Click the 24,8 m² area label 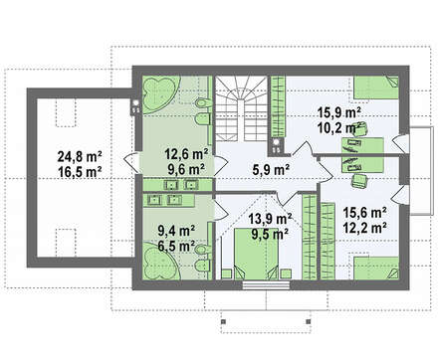[80, 156]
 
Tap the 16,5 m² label [80, 172]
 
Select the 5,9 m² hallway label [271, 170]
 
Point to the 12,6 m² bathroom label [186, 154]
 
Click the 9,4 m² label [176, 230]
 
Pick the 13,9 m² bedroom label [270, 219]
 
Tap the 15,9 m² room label [339, 112]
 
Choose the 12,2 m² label [364, 228]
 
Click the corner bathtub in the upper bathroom [160, 94]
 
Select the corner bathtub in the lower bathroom [160, 262]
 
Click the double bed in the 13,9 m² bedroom [256, 254]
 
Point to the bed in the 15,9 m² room [376, 88]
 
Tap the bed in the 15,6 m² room [376, 269]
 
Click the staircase [241, 108]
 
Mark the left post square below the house [223, 321]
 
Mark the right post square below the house [308, 321]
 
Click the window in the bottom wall [266, 285]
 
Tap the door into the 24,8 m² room [131, 161]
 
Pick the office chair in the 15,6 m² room [359, 180]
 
